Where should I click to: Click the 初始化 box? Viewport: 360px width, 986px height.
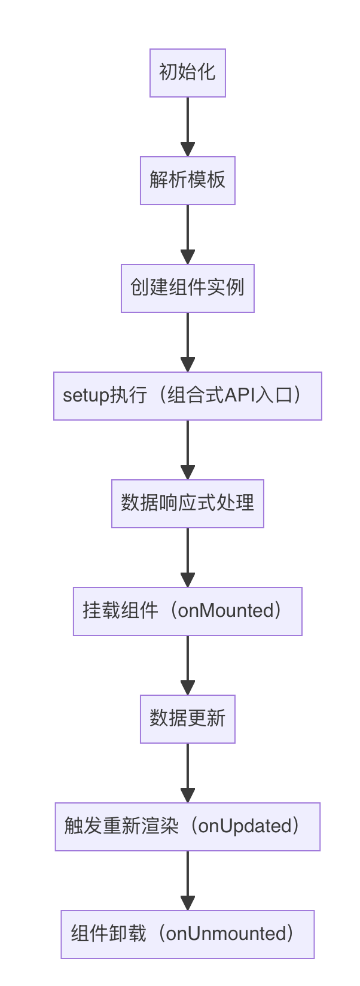click(187, 73)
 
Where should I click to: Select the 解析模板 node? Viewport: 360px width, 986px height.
click(187, 181)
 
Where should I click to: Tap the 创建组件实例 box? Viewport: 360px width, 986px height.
click(187, 288)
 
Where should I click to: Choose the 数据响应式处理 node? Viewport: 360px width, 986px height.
click(187, 504)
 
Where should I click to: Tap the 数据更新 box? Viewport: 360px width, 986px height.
click(187, 719)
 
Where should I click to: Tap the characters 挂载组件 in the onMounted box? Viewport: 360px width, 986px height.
click(120, 611)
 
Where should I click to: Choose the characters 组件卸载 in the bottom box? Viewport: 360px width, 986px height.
click(108, 934)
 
